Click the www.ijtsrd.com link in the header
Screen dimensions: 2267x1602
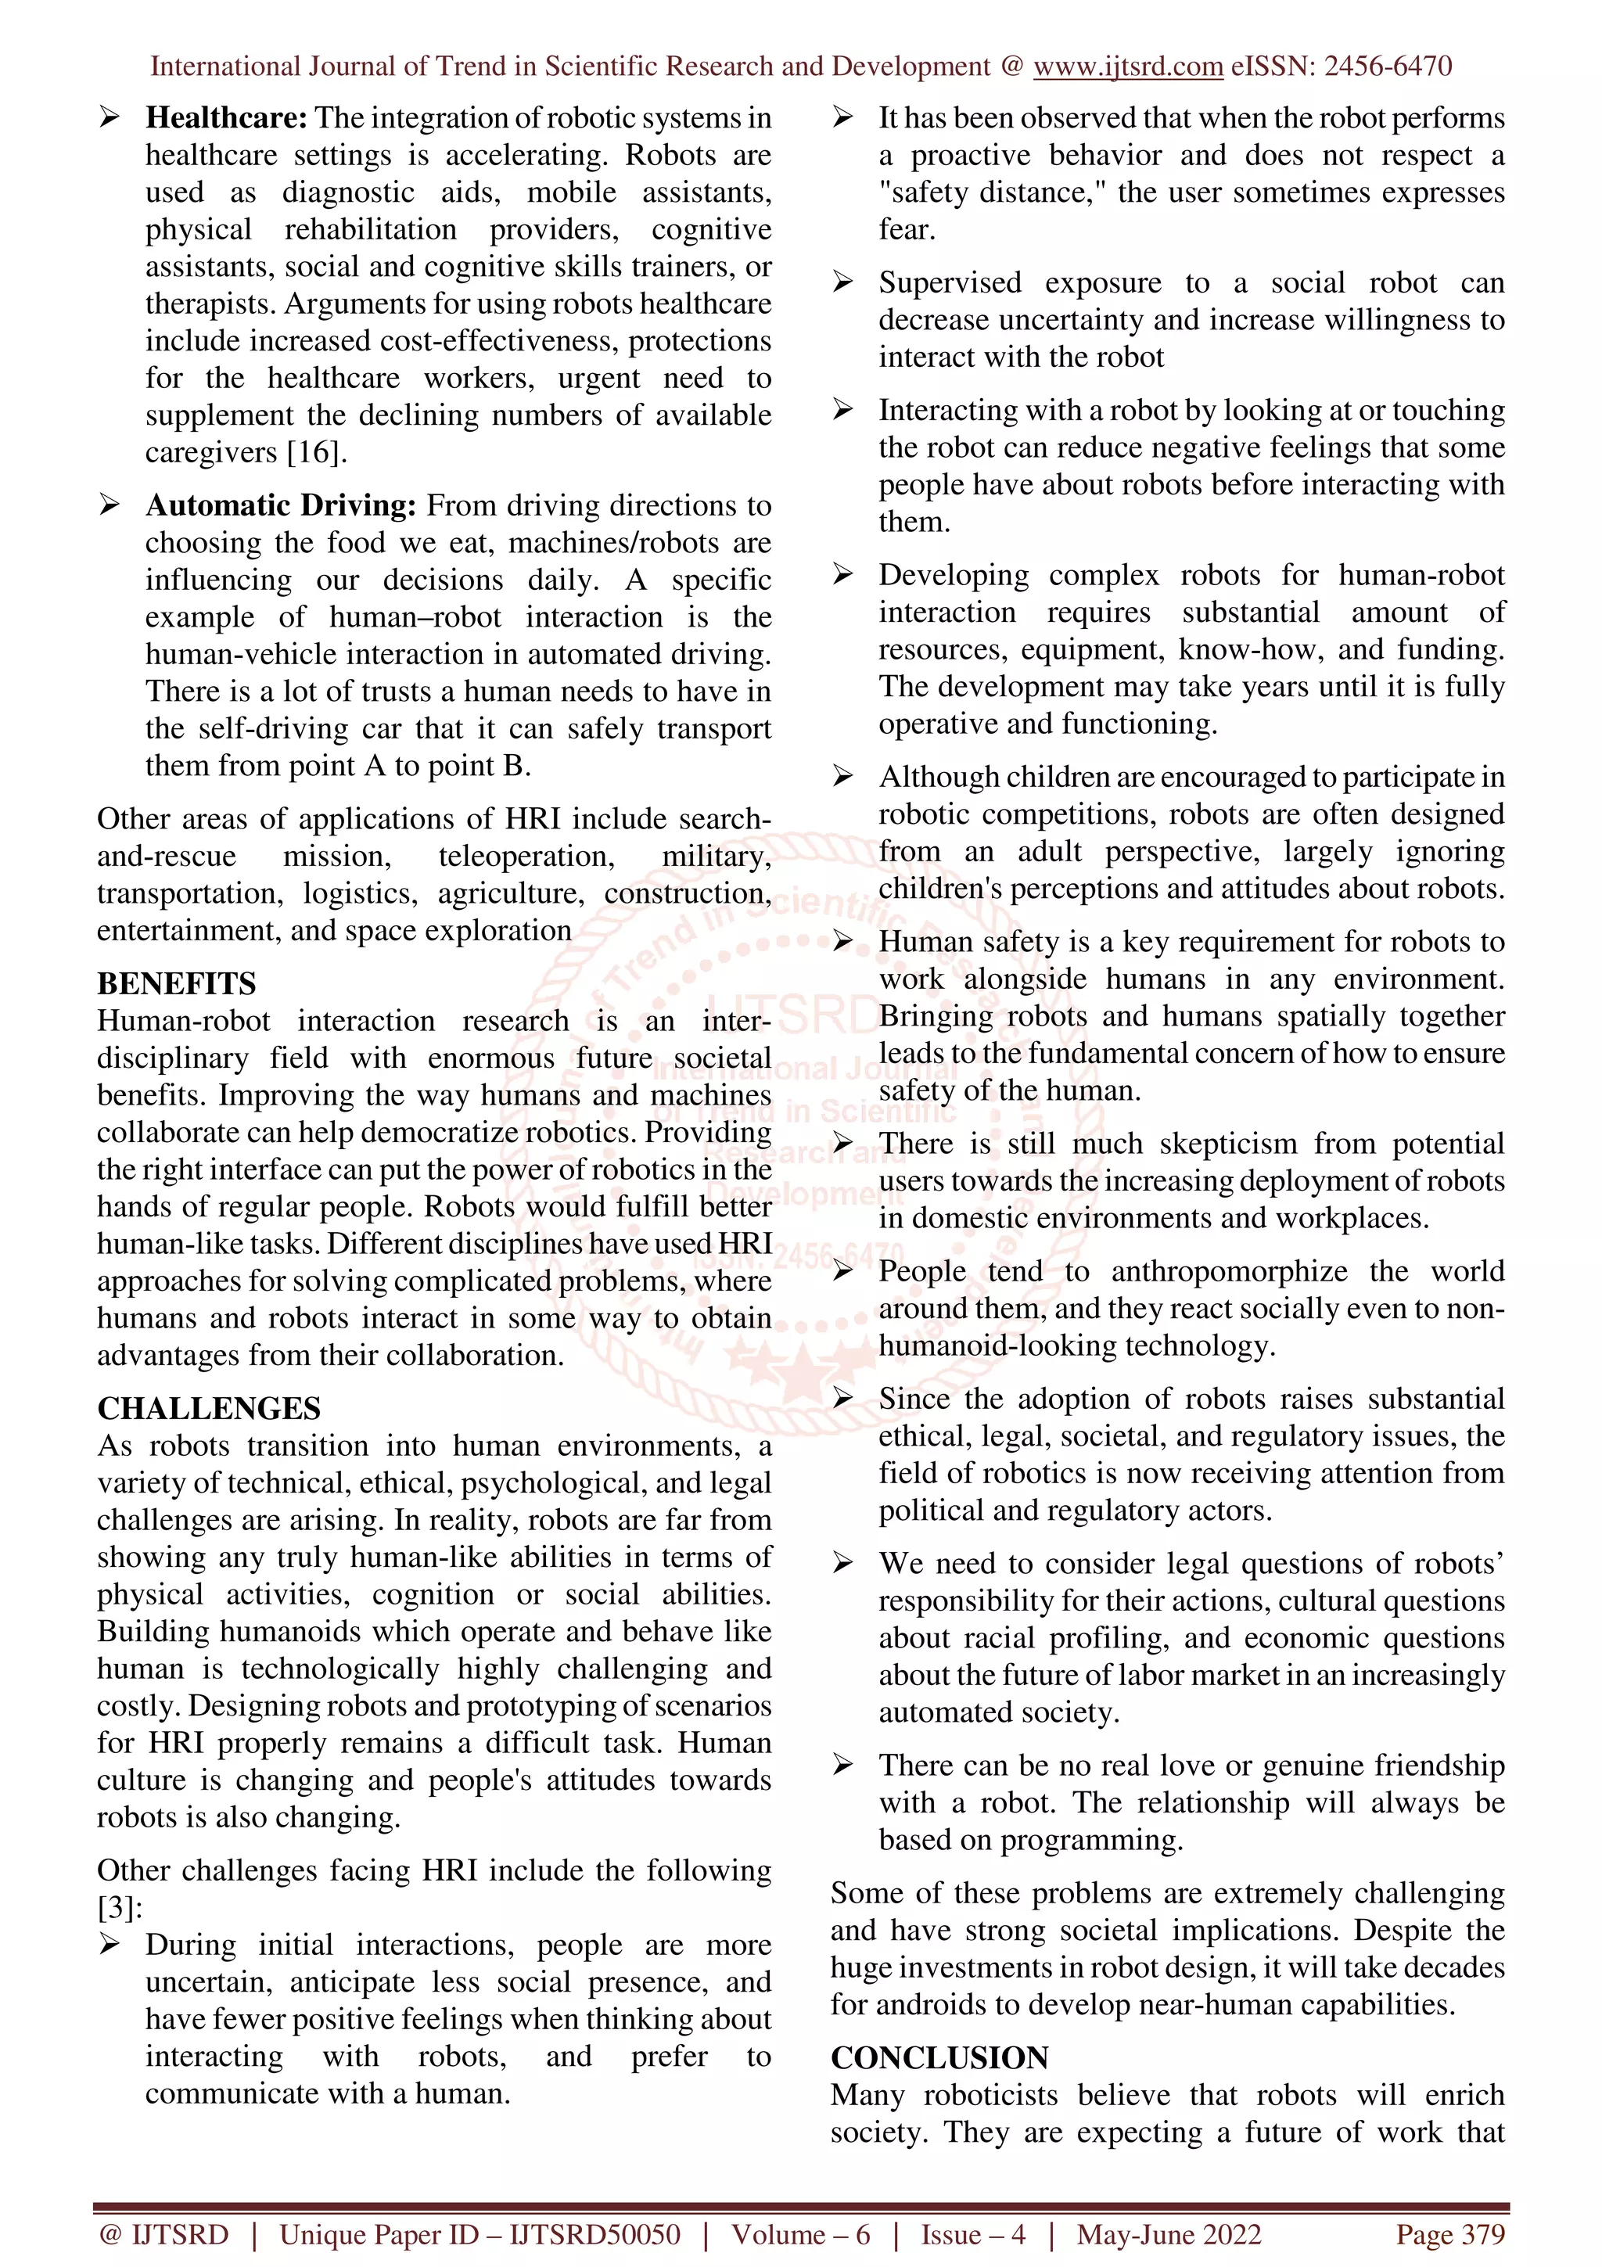coord(1127,66)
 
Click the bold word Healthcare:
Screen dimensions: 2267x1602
coord(226,118)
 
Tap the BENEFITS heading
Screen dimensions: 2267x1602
coord(176,983)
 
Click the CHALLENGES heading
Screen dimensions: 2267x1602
coord(208,1408)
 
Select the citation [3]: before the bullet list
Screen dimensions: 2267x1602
coord(120,1908)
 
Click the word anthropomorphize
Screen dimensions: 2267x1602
coord(1229,1272)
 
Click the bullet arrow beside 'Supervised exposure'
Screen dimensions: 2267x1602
coord(842,283)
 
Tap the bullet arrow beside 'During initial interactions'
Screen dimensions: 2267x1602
coord(109,1945)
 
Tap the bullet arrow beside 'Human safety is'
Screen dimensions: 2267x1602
coord(842,942)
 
